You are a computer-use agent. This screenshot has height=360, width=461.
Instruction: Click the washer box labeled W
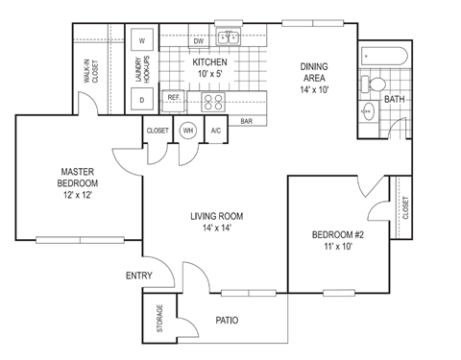click(142, 41)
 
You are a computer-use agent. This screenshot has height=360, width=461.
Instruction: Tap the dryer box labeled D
click(142, 99)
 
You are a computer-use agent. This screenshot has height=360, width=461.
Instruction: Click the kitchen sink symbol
click(229, 39)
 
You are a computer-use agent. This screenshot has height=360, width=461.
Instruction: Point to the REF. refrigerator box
click(174, 97)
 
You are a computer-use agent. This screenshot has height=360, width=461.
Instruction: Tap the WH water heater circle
click(188, 131)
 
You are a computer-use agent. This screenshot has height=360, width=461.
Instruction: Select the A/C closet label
click(216, 131)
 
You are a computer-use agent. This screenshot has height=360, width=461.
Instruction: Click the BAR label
click(247, 122)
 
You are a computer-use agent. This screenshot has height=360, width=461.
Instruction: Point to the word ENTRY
click(140, 276)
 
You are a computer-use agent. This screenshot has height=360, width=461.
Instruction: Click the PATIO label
click(227, 321)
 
